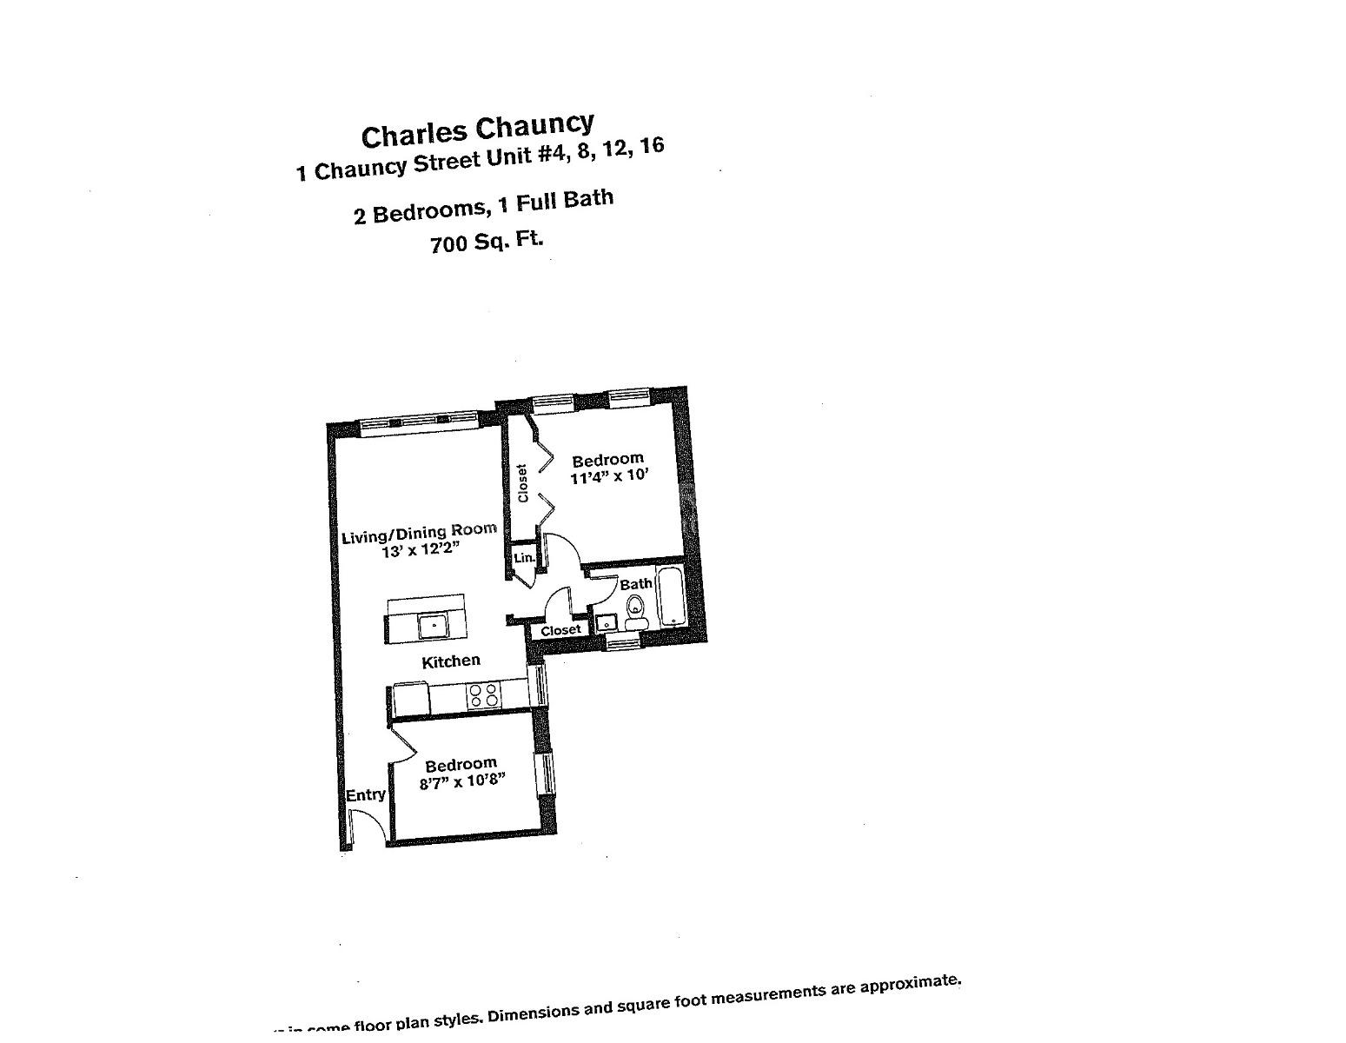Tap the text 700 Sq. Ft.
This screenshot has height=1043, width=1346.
(x=487, y=242)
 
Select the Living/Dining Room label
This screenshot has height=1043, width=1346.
(x=418, y=533)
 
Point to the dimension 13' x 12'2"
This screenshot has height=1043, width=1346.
(x=420, y=550)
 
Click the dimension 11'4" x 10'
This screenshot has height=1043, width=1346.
(x=609, y=476)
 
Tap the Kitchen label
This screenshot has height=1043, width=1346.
(x=450, y=661)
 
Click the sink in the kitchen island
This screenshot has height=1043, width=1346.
(x=433, y=625)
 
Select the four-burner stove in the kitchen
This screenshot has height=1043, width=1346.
(x=483, y=694)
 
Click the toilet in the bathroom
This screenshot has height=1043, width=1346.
(x=636, y=611)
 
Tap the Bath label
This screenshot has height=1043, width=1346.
(x=636, y=584)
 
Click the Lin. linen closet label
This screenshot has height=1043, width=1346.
(x=524, y=558)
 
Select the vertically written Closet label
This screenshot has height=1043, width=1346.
(x=522, y=483)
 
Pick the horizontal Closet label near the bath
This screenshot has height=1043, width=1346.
(x=560, y=630)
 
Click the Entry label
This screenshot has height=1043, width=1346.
(x=365, y=795)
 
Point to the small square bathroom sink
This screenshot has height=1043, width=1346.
(x=606, y=623)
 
